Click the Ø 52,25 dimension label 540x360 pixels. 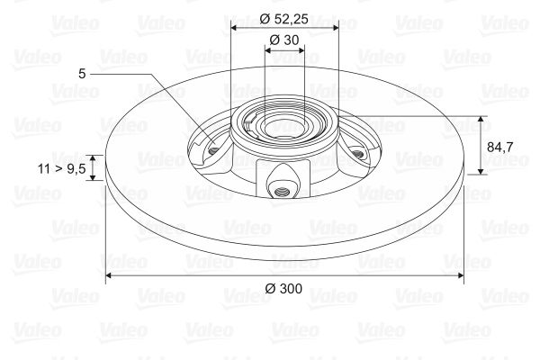coord(283,19)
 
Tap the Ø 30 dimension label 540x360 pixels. coord(284,40)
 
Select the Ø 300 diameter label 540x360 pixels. coord(283,288)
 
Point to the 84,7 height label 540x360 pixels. coord(499,147)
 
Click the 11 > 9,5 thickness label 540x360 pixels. coord(61,169)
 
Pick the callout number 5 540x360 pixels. coord(82,74)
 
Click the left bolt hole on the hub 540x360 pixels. coord(214,150)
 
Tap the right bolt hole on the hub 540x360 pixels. coord(358,154)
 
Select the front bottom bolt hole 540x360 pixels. coord(282,191)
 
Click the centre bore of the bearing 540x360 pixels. coord(284,127)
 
